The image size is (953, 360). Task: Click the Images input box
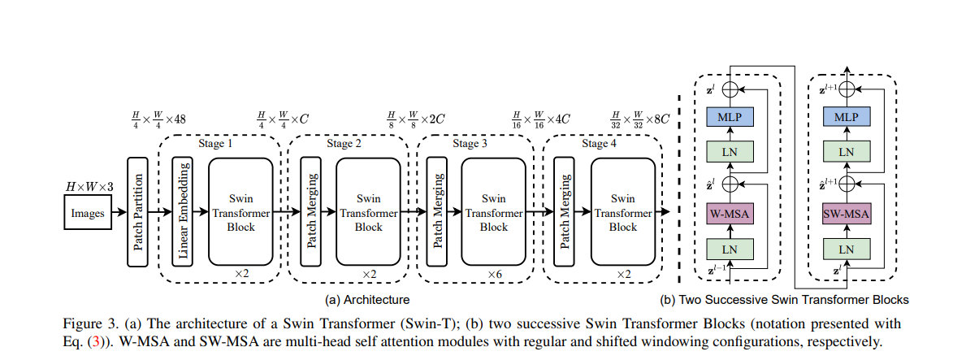[x=89, y=215]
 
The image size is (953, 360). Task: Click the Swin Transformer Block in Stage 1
[x=241, y=210]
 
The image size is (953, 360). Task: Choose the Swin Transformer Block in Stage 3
[x=493, y=210]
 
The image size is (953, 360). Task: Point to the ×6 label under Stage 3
[x=494, y=275]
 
